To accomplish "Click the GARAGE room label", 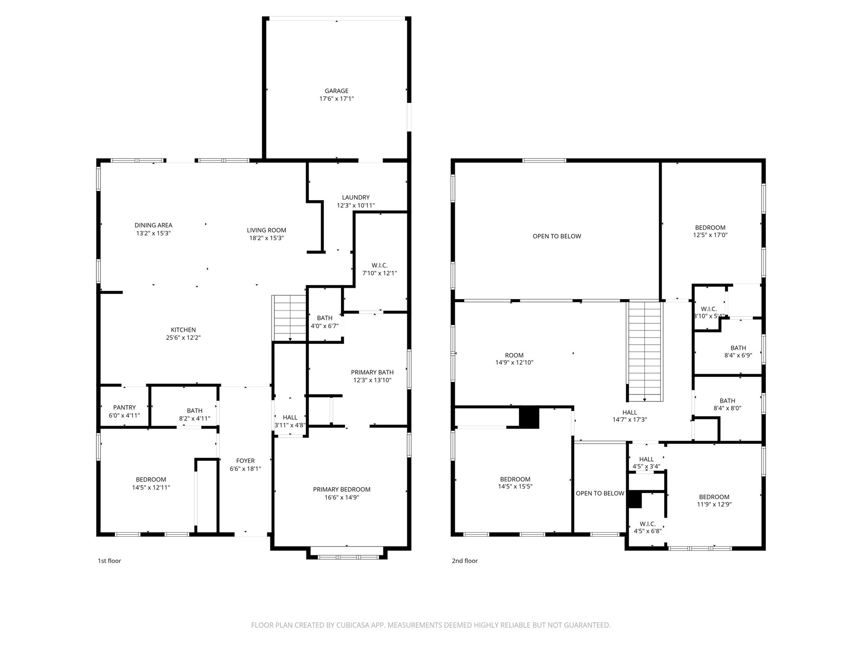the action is coord(336,91).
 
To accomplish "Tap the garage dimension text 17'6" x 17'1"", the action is coord(336,99).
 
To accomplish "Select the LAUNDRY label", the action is coord(356,198).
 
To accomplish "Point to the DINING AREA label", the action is coord(153,225).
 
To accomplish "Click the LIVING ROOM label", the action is coord(266,230).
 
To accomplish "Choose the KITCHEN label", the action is coord(183,330).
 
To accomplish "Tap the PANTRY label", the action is coord(124,408).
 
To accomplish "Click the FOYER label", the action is coord(245,461).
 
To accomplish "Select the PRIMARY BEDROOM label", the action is coord(342,489).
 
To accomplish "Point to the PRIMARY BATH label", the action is coord(372,372).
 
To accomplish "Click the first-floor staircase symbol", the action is coord(289,318).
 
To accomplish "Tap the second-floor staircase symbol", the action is coord(645,351).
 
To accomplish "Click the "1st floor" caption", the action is coord(109,561).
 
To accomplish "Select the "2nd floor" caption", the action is coord(465,561).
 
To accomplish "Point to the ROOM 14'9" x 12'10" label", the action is coord(514,359).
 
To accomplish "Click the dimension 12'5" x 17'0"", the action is coord(710,235).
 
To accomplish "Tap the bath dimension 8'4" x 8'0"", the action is coord(727,408).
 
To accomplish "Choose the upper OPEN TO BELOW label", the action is coord(557,237).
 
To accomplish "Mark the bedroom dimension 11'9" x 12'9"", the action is coord(714,505).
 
